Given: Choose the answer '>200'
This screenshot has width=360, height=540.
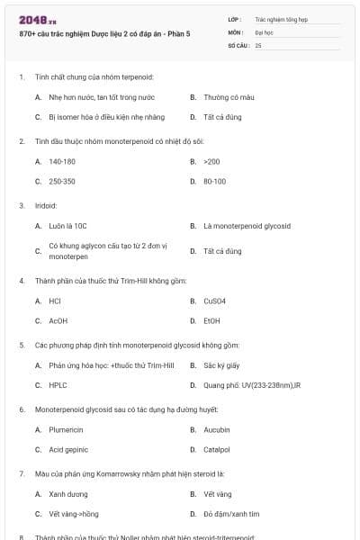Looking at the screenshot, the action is (211, 161).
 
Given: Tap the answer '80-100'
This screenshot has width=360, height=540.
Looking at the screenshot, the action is (214, 182).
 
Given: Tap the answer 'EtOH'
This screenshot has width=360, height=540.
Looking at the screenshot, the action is (211, 320).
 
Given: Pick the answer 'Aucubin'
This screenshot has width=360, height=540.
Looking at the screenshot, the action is (216, 429).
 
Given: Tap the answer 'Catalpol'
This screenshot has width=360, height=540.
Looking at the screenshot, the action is (217, 449).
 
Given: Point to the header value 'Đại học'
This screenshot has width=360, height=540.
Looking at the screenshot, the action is (264, 31).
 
